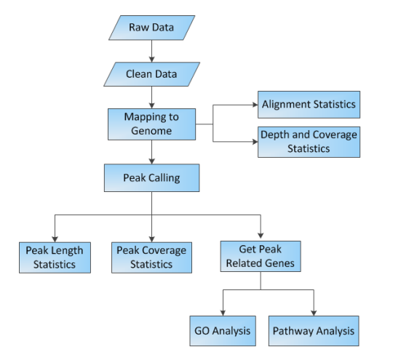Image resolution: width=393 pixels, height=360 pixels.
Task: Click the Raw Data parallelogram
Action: pos(151,28)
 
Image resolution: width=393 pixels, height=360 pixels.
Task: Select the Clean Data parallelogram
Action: pos(151,74)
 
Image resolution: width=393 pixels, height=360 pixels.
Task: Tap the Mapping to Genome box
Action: pos(151,124)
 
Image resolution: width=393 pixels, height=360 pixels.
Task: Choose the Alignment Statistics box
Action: pos(309,105)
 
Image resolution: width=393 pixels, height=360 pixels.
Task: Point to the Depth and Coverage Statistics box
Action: pos(309,142)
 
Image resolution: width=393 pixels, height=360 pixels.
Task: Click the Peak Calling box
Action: pos(151,178)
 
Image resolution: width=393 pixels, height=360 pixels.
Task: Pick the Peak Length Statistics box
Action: pos(55,257)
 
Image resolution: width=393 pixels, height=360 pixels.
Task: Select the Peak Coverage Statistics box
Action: pos(151,257)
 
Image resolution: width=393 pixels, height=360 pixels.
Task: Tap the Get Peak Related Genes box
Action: pos(261,256)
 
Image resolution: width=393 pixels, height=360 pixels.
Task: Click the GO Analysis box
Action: pos(223,331)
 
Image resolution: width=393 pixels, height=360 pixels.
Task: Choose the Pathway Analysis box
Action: pos(314,331)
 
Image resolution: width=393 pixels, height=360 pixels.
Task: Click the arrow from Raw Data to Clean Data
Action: pos(151,51)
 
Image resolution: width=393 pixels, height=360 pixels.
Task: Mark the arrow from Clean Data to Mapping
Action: pos(151,97)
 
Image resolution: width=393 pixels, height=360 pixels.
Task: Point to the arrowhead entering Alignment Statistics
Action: pos(255,105)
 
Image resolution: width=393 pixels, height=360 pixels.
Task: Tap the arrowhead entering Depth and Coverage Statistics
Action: pos(255,142)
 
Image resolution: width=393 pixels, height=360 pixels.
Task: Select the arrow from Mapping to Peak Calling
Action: pos(151,152)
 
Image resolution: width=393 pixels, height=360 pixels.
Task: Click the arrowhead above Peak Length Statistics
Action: pos(55,239)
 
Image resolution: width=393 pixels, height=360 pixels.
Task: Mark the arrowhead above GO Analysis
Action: pos(223,313)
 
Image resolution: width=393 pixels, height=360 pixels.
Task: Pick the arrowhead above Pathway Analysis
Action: pos(314,313)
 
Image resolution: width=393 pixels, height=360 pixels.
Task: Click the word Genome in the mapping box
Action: pos(151,131)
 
